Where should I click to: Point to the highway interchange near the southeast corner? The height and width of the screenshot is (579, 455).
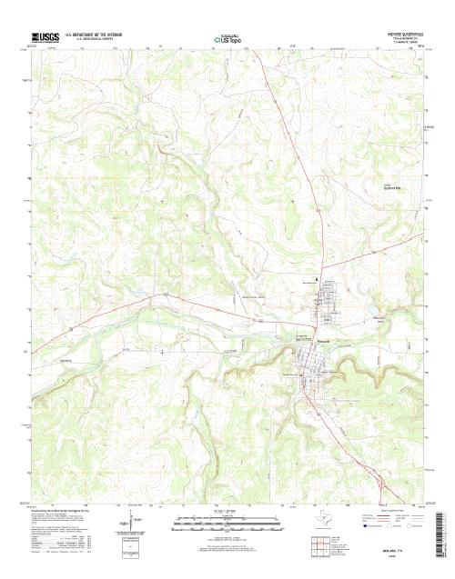374,469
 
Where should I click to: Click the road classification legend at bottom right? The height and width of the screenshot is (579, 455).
391,520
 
